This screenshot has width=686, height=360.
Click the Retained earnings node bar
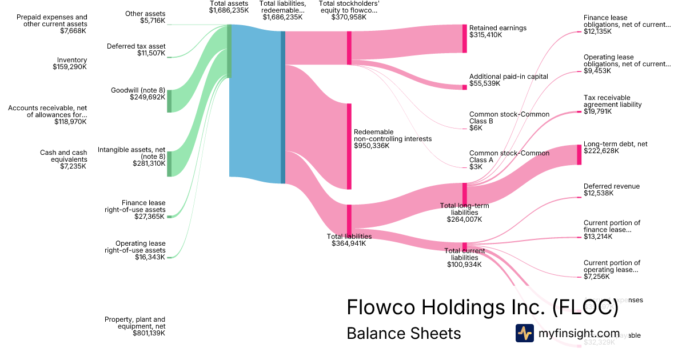point(464,39)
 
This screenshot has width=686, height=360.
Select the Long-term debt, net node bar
point(579,155)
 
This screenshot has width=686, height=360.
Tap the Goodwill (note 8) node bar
point(169,101)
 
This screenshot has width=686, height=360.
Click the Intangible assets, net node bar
point(169,164)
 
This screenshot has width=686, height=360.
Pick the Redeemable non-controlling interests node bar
point(349,146)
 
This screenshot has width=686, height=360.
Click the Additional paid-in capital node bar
point(464,87)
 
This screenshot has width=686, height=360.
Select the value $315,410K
point(485,35)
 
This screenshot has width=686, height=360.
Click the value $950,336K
point(372,146)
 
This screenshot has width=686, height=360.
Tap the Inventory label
point(72,60)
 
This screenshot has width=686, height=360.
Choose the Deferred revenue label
point(611,186)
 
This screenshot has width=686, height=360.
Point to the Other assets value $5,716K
point(153,21)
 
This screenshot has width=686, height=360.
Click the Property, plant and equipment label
point(135,323)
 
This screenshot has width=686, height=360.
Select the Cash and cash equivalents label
point(63,156)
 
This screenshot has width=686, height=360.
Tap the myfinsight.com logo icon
point(524,333)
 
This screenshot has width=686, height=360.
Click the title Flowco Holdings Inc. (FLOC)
point(482,307)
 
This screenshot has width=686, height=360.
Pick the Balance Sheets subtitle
point(404,333)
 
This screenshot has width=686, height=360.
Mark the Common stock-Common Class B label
point(509,118)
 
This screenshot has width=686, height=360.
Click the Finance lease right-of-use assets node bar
point(169,217)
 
